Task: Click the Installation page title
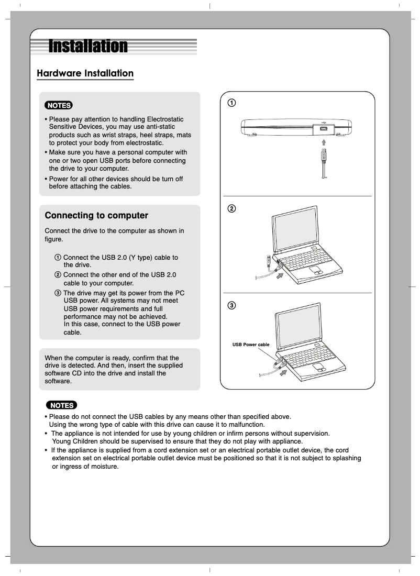pyautogui.click(x=88, y=47)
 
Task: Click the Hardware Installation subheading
pyautogui.click(x=85, y=73)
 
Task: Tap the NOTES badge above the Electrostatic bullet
pyautogui.click(x=59, y=105)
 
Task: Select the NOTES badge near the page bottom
pyautogui.click(x=61, y=405)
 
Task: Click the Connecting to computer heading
pyautogui.click(x=96, y=216)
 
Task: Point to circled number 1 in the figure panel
pyautogui.click(x=231, y=103)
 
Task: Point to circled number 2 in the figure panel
pyautogui.click(x=231, y=208)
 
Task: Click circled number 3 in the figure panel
pyautogui.click(x=231, y=305)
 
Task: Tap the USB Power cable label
pyautogui.click(x=250, y=345)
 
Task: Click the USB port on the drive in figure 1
pyautogui.click(x=324, y=128)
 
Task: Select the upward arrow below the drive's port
pyautogui.click(x=324, y=141)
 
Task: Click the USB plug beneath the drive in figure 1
pyautogui.click(x=324, y=156)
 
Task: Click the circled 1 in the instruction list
pyautogui.click(x=58, y=258)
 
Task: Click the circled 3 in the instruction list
pyautogui.click(x=58, y=293)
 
